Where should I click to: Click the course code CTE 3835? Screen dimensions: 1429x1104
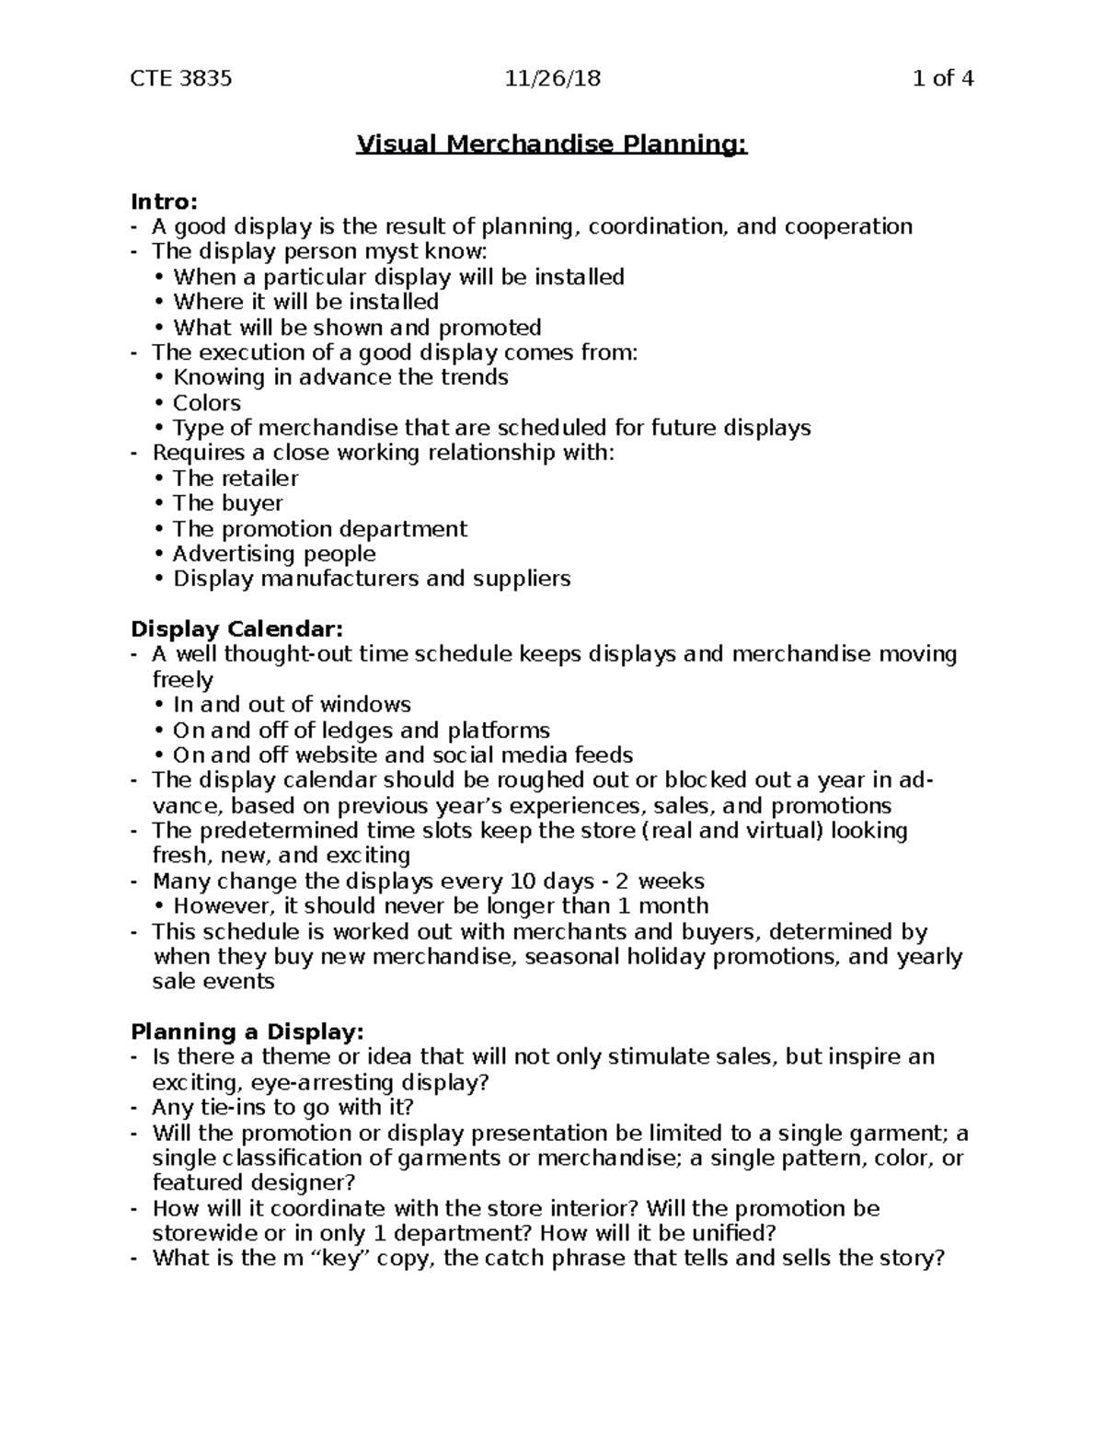[x=181, y=78]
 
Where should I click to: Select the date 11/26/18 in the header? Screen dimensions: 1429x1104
[x=552, y=78]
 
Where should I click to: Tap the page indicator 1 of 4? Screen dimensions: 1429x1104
[x=942, y=78]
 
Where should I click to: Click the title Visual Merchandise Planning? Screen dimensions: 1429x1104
[x=552, y=145]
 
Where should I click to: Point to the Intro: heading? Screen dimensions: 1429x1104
[x=164, y=202]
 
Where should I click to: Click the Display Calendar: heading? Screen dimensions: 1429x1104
[x=236, y=629]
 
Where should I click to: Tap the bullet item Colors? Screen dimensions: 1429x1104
[x=207, y=403]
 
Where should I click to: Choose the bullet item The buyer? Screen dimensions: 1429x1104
[x=228, y=503]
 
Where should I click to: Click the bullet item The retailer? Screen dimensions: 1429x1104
[x=236, y=478]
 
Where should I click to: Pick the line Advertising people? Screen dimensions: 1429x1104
[x=274, y=554]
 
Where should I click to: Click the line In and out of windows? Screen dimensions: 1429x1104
[x=292, y=705]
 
